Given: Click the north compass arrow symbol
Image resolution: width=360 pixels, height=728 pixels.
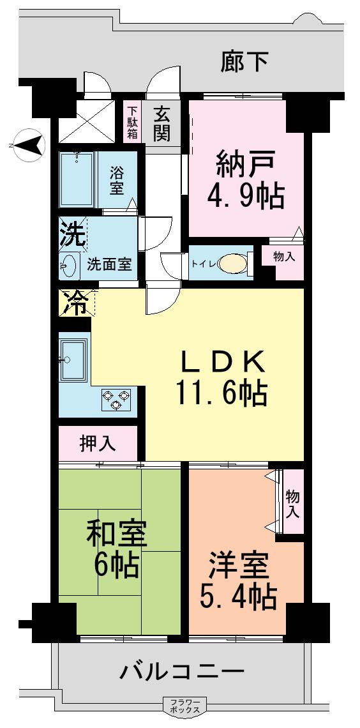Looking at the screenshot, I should (x=28, y=145).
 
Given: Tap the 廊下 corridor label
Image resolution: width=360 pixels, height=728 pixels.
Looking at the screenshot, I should (x=244, y=62).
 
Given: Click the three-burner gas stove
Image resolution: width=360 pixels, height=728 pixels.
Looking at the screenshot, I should (x=116, y=399).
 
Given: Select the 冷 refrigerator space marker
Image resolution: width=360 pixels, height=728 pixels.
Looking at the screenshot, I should (x=76, y=303).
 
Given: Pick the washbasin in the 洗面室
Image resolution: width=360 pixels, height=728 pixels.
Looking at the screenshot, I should (x=68, y=264).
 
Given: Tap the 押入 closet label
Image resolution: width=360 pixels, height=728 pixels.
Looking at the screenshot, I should (x=98, y=443).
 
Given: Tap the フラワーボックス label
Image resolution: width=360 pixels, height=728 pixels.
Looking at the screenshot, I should (x=185, y=706).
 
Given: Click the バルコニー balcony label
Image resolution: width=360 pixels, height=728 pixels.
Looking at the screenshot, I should (x=182, y=672).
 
